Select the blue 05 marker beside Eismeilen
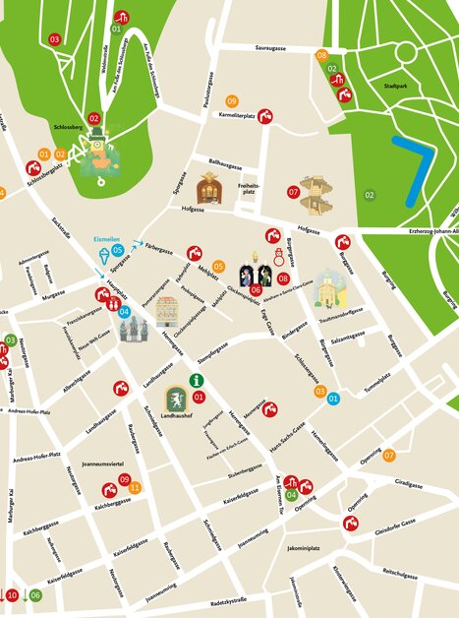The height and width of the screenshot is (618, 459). coord(117,251)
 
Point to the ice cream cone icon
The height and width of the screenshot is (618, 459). coord(104,257)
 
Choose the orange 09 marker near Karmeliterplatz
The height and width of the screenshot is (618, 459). coord(232,101)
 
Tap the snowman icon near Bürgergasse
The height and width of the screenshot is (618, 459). coord(279,257)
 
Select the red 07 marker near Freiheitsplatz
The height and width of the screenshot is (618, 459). coord(293,191)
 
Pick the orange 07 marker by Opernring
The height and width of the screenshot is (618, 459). coord(388,455)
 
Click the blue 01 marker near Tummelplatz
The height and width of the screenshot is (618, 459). coord(333,399)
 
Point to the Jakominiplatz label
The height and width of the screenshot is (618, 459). coord(304,547)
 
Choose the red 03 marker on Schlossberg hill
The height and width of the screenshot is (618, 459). coord(54,39)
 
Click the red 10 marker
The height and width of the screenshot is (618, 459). coord(13,595)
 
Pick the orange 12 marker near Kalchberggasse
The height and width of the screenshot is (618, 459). coord(135,487)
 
